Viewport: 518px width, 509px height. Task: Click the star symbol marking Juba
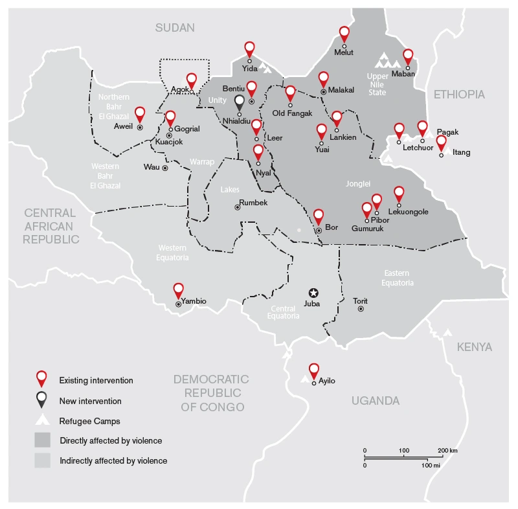[313, 293]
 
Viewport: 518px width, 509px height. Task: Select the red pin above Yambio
[179, 290]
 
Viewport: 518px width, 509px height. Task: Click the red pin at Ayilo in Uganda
[314, 370]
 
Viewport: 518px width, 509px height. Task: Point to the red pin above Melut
[344, 34]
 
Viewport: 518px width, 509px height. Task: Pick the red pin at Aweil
[140, 115]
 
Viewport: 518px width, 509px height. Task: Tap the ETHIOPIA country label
[458, 95]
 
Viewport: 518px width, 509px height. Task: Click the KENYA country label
[475, 347]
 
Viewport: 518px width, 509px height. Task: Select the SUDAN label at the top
[175, 27]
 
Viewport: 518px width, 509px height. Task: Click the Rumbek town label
[253, 203]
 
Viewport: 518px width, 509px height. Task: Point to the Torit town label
[360, 301]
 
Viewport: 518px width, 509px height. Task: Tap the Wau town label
[151, 167]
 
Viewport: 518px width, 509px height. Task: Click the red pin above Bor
[318, 217]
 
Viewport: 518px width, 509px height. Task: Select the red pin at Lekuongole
[399, 194]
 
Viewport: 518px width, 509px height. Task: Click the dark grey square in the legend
[42, 440]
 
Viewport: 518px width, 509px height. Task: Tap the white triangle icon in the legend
[42, 420]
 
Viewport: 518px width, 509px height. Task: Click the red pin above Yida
[249, 49]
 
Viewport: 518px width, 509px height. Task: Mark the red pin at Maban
[408, 56]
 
